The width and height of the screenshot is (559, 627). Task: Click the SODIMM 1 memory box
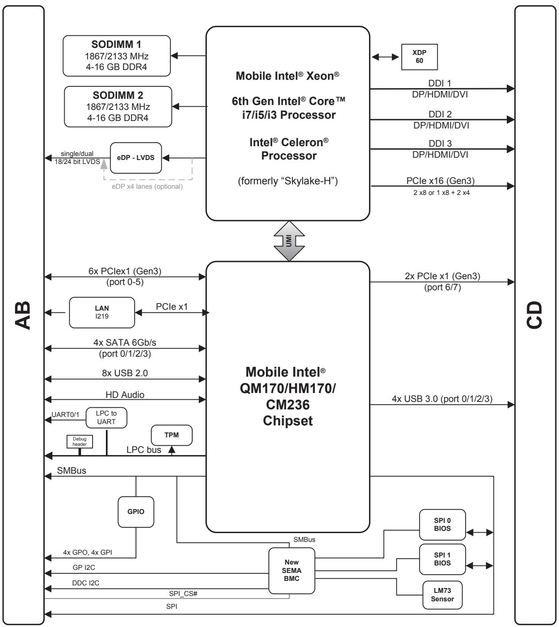116,56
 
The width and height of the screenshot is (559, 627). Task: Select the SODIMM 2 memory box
118,106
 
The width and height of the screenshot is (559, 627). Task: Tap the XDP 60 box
419,57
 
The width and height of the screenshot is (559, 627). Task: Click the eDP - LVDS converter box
136,158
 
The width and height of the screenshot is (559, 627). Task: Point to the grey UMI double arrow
289,241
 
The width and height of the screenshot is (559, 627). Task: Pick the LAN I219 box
102,312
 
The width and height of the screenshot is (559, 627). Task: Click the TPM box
171,435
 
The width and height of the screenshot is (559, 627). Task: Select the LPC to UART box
106,417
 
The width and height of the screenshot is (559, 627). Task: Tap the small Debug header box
79,441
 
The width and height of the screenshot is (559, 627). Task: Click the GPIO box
136,511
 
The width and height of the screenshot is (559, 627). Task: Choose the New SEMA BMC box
291,570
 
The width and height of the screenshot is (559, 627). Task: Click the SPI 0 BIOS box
442,524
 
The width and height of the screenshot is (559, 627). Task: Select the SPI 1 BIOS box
442,559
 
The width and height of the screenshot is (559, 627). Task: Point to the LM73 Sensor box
442,595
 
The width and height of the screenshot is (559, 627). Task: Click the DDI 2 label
440,114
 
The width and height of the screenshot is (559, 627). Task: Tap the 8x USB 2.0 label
124,373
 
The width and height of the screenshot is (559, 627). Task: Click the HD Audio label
124,394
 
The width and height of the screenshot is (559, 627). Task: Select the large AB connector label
23,315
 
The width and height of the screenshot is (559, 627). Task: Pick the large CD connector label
534,315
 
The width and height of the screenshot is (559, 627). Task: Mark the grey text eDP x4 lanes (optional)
147,186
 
